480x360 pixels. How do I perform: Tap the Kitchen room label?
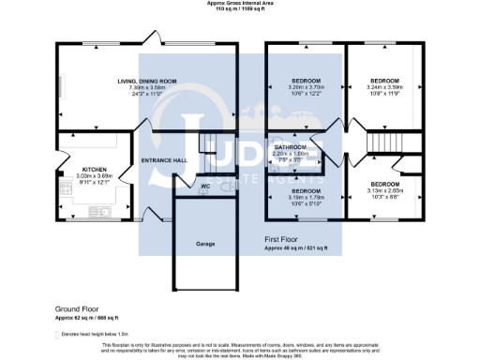pyautogui.click(x=82, y=171)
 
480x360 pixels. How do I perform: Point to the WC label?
pyautogui.click(x=204, y=186)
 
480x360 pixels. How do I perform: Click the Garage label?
pyautogui.click(x=205, y=244)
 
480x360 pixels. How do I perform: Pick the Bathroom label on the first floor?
pyautogui.click(x=290, y=147)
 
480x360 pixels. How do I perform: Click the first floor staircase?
pyautogui.click(x=385, y=142)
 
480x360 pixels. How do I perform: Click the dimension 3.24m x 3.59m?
pyautogui.click(x=383, y=88)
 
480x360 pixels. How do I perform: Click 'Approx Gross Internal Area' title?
pyautogui.click(x=240, y=3)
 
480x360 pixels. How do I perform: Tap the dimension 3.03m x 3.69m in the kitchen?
pyautogui.click(x=82, y=177)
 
